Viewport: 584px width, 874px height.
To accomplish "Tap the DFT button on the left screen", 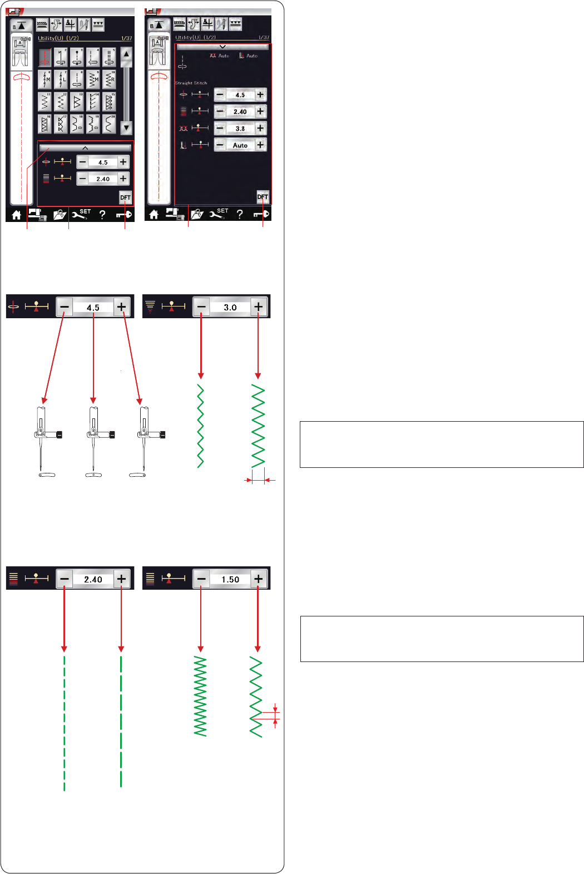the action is (x=125, y=197).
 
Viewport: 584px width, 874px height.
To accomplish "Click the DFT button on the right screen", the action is (x=263, y=197).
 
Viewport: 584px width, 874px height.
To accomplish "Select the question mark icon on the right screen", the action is (x=240, y=214).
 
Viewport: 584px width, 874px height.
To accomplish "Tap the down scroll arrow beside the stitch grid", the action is (x=126, y=127).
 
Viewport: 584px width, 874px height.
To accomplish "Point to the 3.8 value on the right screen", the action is (x=240, y=129).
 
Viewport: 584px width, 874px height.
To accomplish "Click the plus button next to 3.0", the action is (x=258, y=307).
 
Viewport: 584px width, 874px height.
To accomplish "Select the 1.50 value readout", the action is (x=230, y=579).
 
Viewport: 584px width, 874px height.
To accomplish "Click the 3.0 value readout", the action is (x=230, y=307).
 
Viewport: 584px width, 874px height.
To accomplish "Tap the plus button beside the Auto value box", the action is (x=260, y=145).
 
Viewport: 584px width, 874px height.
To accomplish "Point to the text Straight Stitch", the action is (x=191, y=83).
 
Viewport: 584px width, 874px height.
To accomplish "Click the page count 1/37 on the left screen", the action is (x=126, y=38).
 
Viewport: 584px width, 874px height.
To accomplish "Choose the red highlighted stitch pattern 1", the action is (x=45, y=57).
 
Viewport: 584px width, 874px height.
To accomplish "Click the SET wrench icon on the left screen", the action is (x=81, y=214).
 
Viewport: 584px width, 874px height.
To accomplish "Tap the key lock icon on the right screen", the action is (x=261, y=214).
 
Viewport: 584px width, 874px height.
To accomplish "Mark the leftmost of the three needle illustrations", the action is (x=43, y=440).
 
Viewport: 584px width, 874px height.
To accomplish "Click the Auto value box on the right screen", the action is (x=240, y=145).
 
